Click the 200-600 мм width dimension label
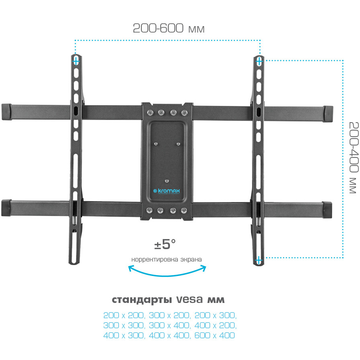click(x=168, y=28)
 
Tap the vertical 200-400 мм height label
click(x=354, y=157)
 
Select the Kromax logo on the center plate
click(x=167, y=191)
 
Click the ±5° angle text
click(x=165, y=244)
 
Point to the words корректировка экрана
click(x=166, y=260)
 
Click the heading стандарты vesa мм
click(x=168, y=300)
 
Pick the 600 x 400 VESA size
click(x=215, y=335)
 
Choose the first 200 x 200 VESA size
click(x=124, y=315)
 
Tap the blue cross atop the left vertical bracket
click(x=76, y=61)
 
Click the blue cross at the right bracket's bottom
click(x=258, y=260)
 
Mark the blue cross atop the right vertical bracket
click(x=259, y=61)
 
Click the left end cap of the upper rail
click(x=6, y=112)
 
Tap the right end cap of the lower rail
click(x=327, y=210)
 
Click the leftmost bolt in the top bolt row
click(x=150, y=112)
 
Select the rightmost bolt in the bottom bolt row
click(x=184, y=210)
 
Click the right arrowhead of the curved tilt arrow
click(x=203, y=268)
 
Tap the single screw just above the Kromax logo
click(x=167, y=181)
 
